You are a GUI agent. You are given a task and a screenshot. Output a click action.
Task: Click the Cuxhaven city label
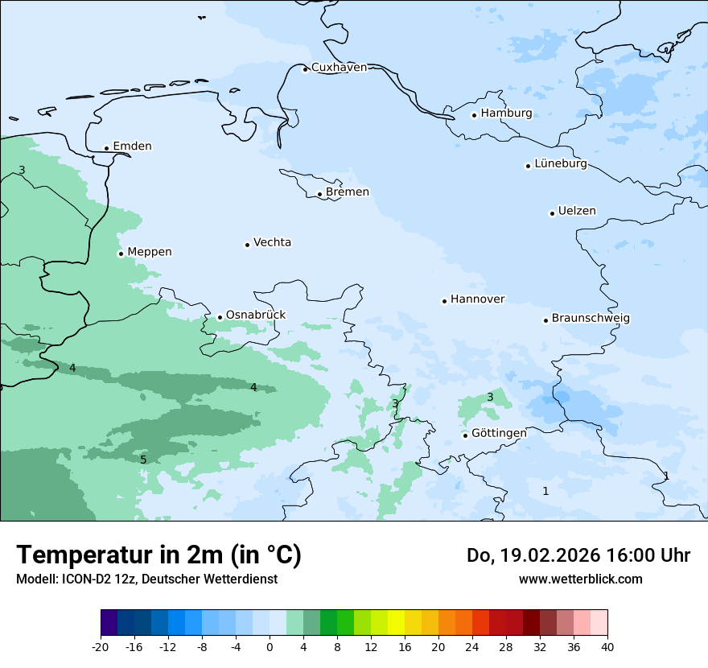[x=339, y=68]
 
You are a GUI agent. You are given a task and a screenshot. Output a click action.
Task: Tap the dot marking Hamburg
[x=475, y=115]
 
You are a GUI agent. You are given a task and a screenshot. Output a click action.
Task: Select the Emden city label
[x=132, y=146]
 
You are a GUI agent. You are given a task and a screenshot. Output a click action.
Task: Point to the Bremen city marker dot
[x=319, y=194]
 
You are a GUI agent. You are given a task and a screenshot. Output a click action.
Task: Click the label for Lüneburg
[x=561, y=164]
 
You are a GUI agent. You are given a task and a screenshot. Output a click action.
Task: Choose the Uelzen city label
[x=577, y=212]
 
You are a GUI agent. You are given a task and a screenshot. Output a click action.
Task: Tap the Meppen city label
[x=150, y=252]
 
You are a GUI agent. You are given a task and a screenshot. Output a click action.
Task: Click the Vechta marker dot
[x=247, y=245]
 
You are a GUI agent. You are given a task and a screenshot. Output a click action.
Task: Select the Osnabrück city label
[x=256, y=315]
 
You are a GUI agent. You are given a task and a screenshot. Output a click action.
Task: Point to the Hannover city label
[x=478, y=299]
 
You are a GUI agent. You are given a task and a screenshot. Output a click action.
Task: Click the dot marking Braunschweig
[x=545, y=320]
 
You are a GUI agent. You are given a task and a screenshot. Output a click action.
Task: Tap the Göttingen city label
[x=499, y=433]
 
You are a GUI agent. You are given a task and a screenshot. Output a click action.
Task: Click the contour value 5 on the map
[x=143, y=460]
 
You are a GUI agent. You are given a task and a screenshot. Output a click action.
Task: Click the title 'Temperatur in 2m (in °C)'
[x=158, y=555]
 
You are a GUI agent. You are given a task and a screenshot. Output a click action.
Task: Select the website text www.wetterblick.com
[x=580, y=579]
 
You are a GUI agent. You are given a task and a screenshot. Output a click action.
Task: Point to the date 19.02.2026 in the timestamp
[x=537, y=555]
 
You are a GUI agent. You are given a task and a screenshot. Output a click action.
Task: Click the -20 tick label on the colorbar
[x=101, y=647]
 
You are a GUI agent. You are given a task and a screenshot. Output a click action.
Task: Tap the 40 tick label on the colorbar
[x=607, y=647]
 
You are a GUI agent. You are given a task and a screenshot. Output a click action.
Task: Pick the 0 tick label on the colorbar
[x=270, y=647]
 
